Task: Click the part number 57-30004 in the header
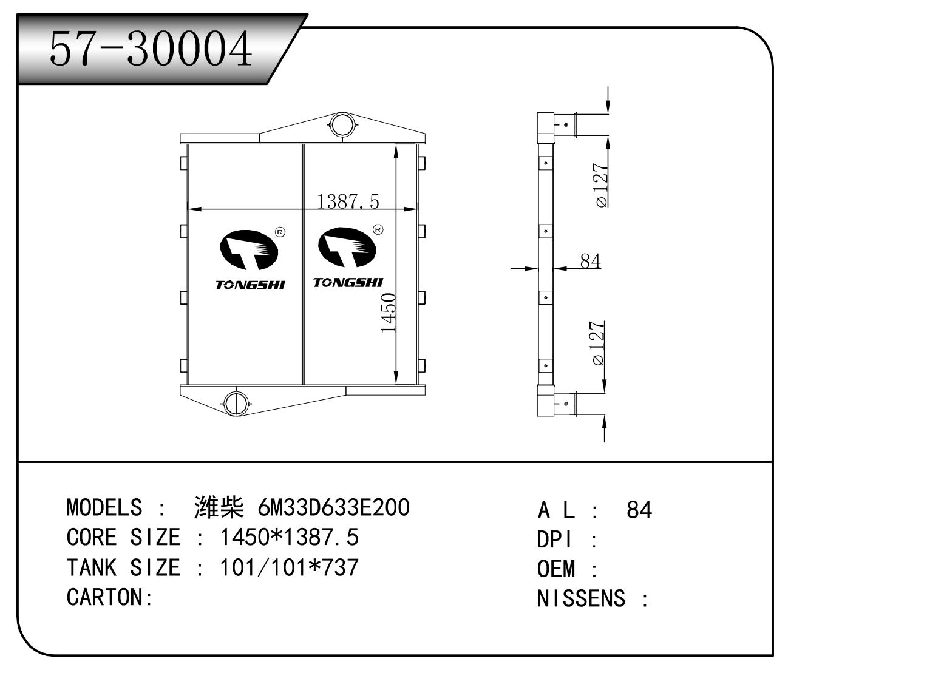151,49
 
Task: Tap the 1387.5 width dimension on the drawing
348,201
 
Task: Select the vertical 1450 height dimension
389,313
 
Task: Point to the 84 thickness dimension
590,261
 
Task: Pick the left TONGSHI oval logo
248,249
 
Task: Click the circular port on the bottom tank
234,401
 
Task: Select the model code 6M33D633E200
333,507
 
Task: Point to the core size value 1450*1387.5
288,537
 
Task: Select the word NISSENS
580,598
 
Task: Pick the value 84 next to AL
639,510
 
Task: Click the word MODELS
104,507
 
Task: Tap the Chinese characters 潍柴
219,507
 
